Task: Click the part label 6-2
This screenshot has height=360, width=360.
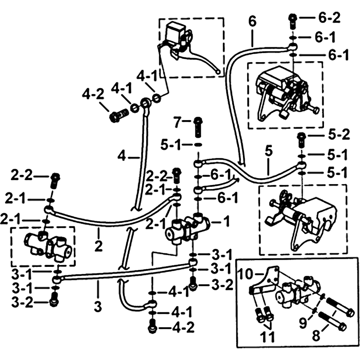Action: click(x=331, y=19)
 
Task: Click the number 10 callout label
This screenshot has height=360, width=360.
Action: click(x=246, y=274)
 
